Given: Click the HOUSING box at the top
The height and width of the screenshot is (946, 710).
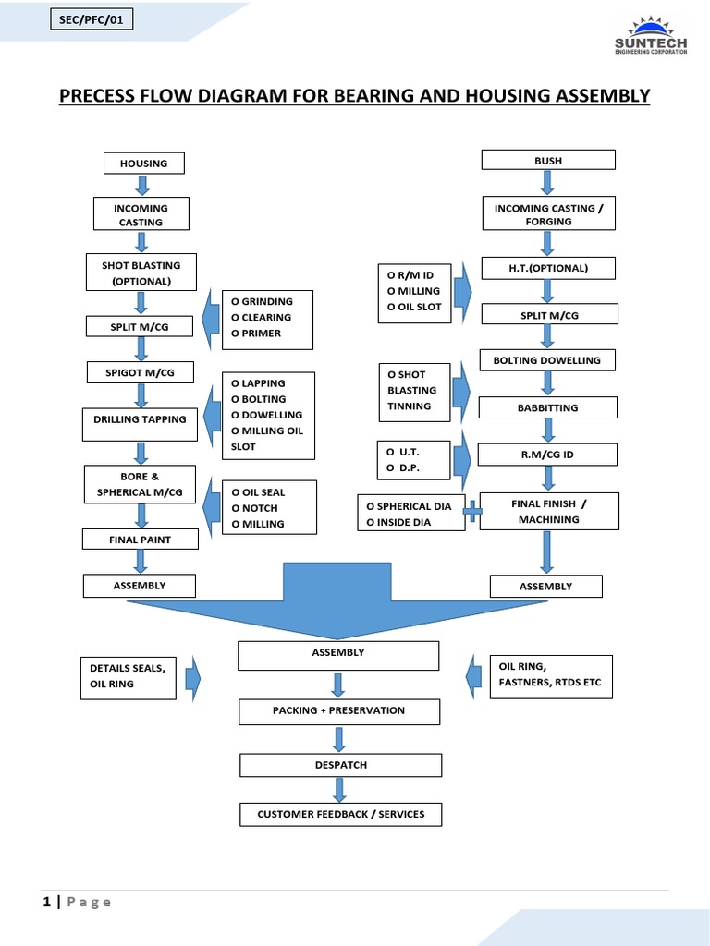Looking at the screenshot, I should pyautogui.click(x=143, y=164).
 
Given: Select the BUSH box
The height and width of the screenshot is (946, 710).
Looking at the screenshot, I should pyautogui.click(x=548, y=161).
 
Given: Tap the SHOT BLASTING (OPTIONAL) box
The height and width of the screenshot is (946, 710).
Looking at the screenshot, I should pyautogui.click(x=141, y=273).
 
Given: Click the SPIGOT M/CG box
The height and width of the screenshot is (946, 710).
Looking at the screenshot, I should pyautogui.click(x=141, y=372).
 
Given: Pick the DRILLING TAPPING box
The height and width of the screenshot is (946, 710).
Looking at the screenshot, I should pyautogui.click(x=140, y=420).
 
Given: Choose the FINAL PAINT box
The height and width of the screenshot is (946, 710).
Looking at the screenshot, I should pyautogui.click(x=141, y=539).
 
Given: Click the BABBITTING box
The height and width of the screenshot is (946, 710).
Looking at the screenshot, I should pyautogui.click(x=547, y=407).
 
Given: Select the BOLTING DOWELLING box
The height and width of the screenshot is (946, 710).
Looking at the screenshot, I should pyautogui.click(x=547, y=360).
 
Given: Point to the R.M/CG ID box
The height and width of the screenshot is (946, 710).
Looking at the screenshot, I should pyautogui.click(x=547, y=455).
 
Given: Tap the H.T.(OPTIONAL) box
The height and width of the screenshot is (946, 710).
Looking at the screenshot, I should pyautogui.click(x=548, y=269).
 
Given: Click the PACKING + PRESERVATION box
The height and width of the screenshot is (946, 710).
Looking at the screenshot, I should pyautogui.click(x=339, y=711).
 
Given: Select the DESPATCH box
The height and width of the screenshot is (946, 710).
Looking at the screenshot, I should pyautogui.click(x=340, y=765).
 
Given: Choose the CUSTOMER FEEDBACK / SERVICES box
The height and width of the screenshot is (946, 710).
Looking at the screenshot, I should pyautogui.click(x=340, y=814).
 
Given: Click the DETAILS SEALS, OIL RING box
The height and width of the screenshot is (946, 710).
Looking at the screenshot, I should pyautogui.click(x=127, y=676).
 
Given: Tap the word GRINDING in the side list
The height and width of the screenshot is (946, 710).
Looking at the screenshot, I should pyautogui.click(x=267, y=301).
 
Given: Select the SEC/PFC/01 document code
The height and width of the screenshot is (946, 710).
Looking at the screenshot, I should pyautogui.click(x=90, y=18).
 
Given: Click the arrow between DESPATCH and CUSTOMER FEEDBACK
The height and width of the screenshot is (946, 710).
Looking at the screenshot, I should pyautogui.click(x=339, y=789).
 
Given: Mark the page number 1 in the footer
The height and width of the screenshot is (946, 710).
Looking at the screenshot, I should pyautogui.click(x=47, y=903).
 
